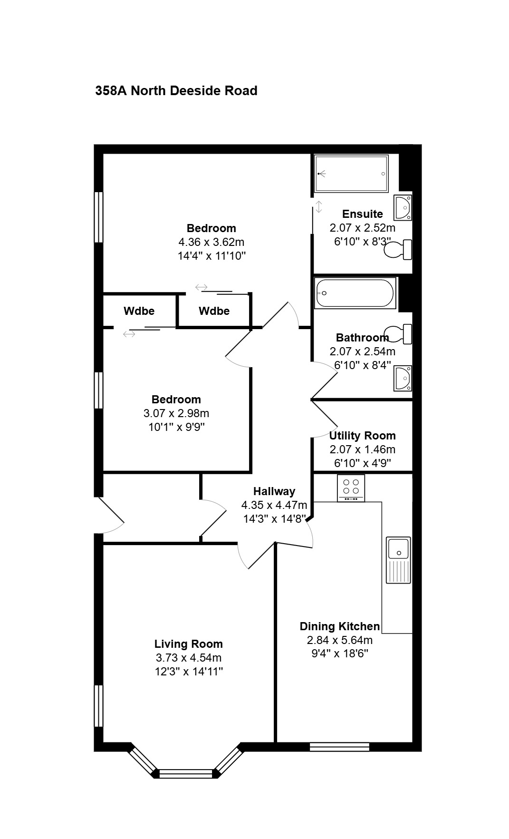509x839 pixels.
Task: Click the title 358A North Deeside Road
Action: coord(176,90)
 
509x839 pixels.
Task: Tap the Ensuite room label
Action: coord(363,214)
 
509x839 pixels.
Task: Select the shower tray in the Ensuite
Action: coord(352,174)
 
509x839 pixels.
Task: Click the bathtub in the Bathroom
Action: coord(355,293)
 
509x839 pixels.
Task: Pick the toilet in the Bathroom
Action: coord(398,334)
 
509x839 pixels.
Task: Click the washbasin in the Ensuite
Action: coord(403,207)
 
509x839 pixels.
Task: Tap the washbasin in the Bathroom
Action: coord(403,378)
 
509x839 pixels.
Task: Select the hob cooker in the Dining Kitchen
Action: coord(351,488)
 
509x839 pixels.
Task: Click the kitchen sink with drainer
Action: coord(398,560)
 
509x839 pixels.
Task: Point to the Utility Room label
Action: coord(363,436)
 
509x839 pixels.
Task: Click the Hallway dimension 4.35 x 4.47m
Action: coord(274,505)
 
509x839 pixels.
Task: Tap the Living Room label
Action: coord(189,644)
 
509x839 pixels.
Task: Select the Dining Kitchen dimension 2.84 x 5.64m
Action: coord(340,640)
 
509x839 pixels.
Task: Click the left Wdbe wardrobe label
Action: coord(139,311)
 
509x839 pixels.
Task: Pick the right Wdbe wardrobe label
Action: coord(214,311)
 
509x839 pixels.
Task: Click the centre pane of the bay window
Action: coord(186,774)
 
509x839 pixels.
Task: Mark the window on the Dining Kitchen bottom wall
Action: coord(339,747)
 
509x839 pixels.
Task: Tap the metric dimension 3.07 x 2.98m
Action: coord(176,413)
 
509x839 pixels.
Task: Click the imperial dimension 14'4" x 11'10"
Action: coord(211,256)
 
